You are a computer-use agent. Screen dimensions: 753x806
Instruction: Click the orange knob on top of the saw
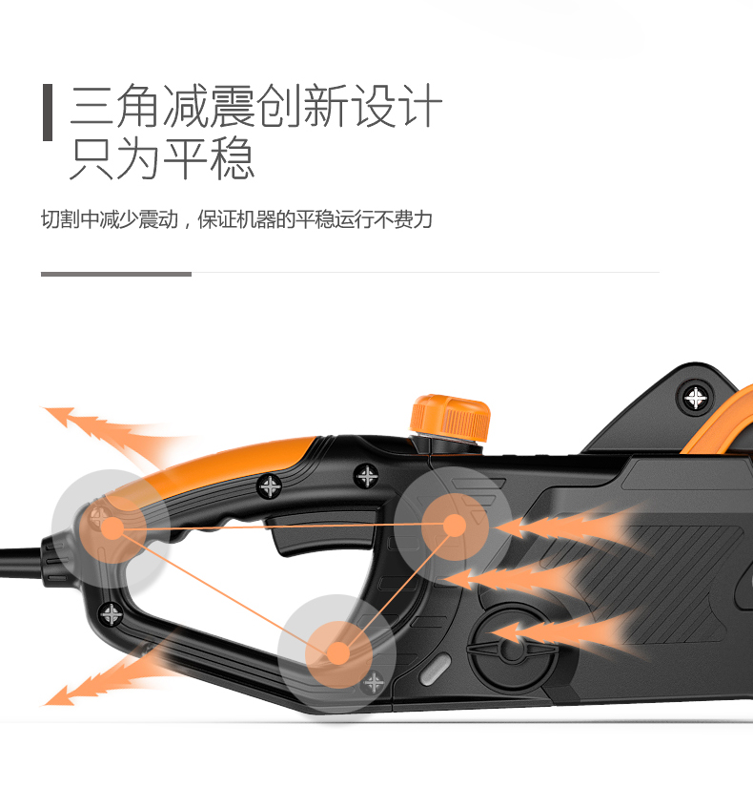click(x=451, y=416)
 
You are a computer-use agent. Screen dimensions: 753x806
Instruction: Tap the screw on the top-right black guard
click(x=698, y=396)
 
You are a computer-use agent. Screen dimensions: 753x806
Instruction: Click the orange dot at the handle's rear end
click(x=111, y=525)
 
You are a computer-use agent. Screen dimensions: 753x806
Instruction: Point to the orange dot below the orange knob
click(x=455, y=524)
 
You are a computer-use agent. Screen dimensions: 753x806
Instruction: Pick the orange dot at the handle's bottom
click(x=337, y=653)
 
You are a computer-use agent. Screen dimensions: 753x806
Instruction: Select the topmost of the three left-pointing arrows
click(x=562, y=524)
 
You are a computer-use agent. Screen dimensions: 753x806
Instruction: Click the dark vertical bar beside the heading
click(x=47, y=113)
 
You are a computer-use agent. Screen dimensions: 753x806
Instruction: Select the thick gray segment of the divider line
click(x=115, y=274)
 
